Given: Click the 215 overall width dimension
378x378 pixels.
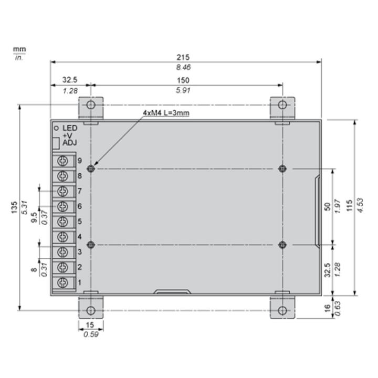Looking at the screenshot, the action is click(183, 57).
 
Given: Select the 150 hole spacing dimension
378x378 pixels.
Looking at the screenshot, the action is click(183, 80).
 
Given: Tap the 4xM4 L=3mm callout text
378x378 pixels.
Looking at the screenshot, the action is click(166, 113).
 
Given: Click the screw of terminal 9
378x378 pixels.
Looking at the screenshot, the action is click(62, 161).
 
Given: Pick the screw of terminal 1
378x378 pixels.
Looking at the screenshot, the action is click(62, 282).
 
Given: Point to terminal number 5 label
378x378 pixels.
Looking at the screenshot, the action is click(80, 222).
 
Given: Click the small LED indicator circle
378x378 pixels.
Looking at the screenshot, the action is click(56, 128).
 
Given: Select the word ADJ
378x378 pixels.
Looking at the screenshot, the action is click(70, 143).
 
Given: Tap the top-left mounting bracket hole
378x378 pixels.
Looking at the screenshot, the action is click(91, 105).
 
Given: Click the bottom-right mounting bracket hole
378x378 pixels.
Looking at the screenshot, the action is click(282, 310).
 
